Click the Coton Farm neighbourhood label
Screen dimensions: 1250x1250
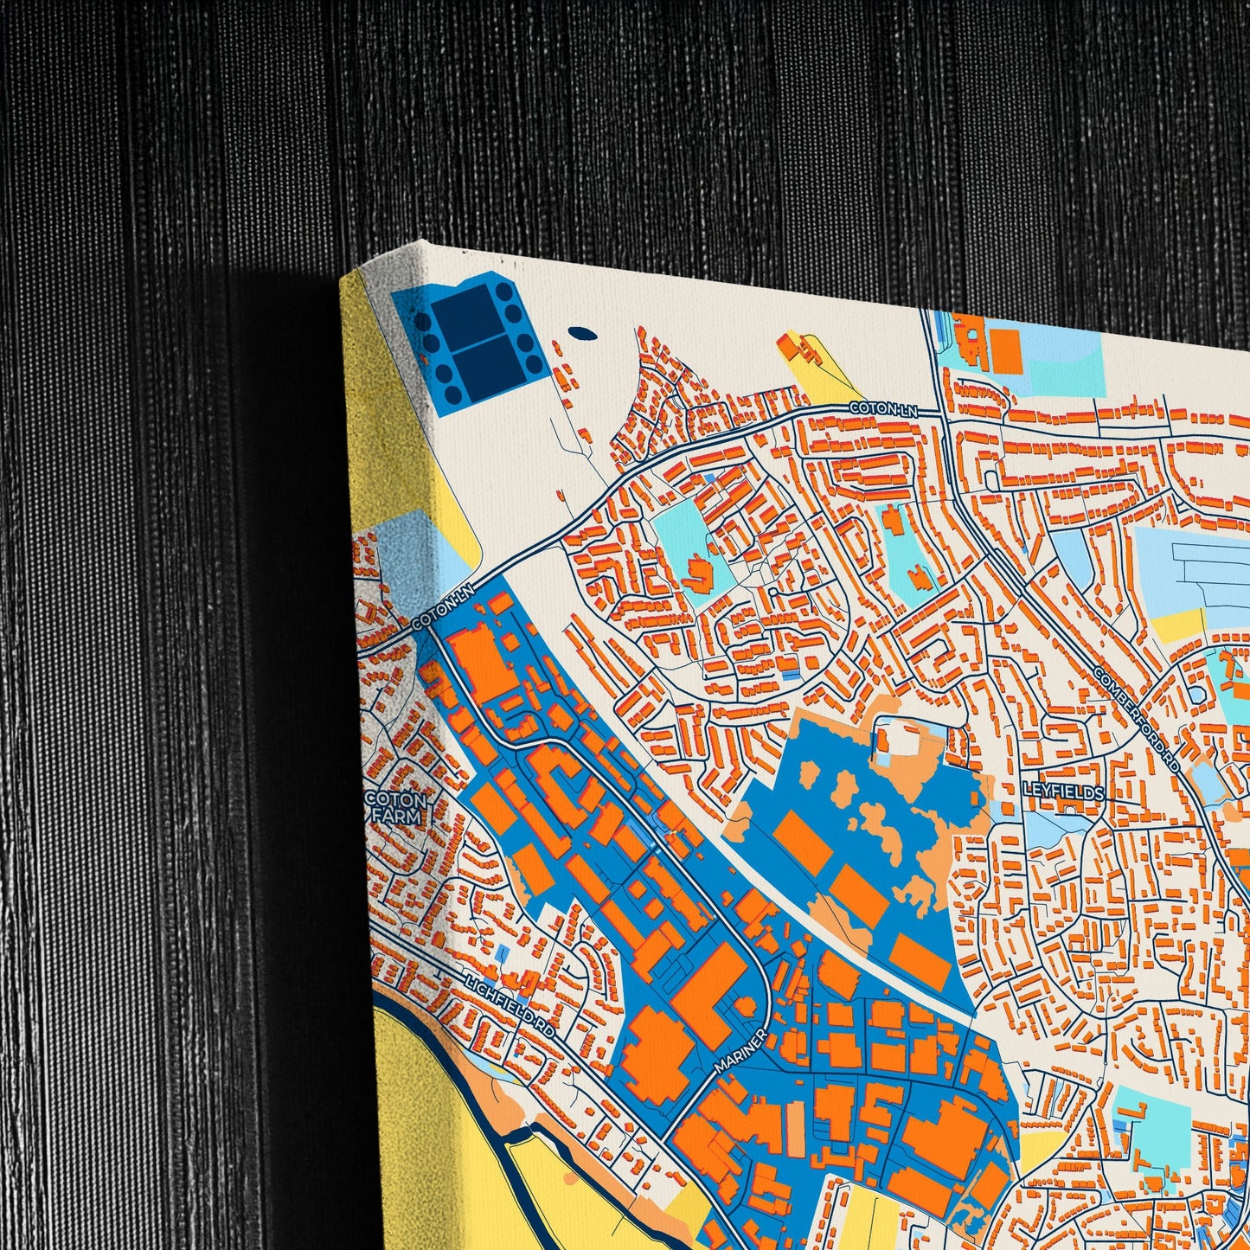396,806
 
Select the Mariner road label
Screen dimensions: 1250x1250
741,1050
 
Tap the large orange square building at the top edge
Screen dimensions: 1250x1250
1005,351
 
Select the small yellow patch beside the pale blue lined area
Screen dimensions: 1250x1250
1177,625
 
